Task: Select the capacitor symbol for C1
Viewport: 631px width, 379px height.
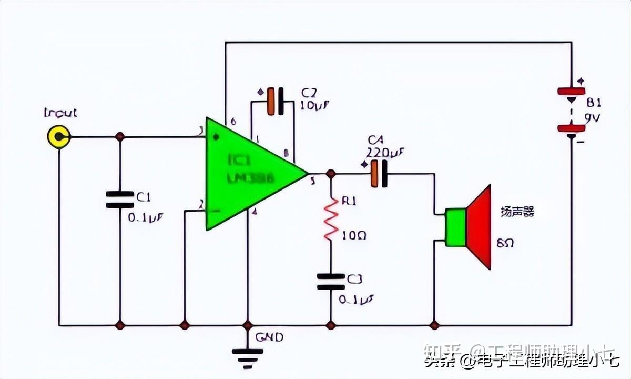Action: tap(120, 200)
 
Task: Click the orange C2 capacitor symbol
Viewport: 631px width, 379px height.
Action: tap(275, 102)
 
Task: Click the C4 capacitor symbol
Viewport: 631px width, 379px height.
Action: tap(379, 174)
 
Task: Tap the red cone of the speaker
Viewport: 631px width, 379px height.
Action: tap(480, 227)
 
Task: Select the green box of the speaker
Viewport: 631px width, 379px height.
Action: tap(455, 227)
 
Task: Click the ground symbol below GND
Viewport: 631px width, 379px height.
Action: tap(248, 356)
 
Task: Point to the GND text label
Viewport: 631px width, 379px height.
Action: tap(269, 337)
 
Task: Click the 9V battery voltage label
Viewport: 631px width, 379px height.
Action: tap(591, 117)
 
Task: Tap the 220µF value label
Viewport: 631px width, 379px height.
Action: tap(385, 153)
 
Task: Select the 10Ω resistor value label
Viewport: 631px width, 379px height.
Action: tap(353, 235)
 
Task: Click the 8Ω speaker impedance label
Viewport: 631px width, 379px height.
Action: tap(505, 243)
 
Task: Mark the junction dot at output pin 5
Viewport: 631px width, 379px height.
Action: tap(331, 174)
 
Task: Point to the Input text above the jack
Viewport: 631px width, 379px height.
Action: tap(60, 113)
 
